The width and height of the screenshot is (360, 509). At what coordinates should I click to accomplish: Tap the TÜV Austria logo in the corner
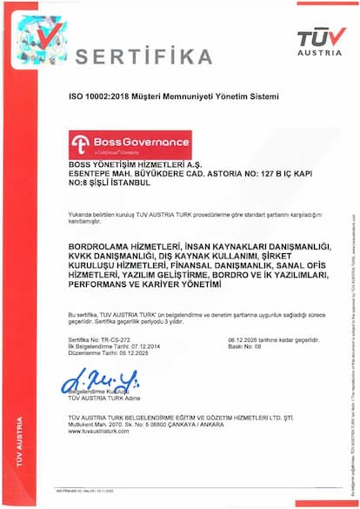click(321, 39)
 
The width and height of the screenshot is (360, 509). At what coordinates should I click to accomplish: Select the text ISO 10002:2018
click(97, 103)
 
